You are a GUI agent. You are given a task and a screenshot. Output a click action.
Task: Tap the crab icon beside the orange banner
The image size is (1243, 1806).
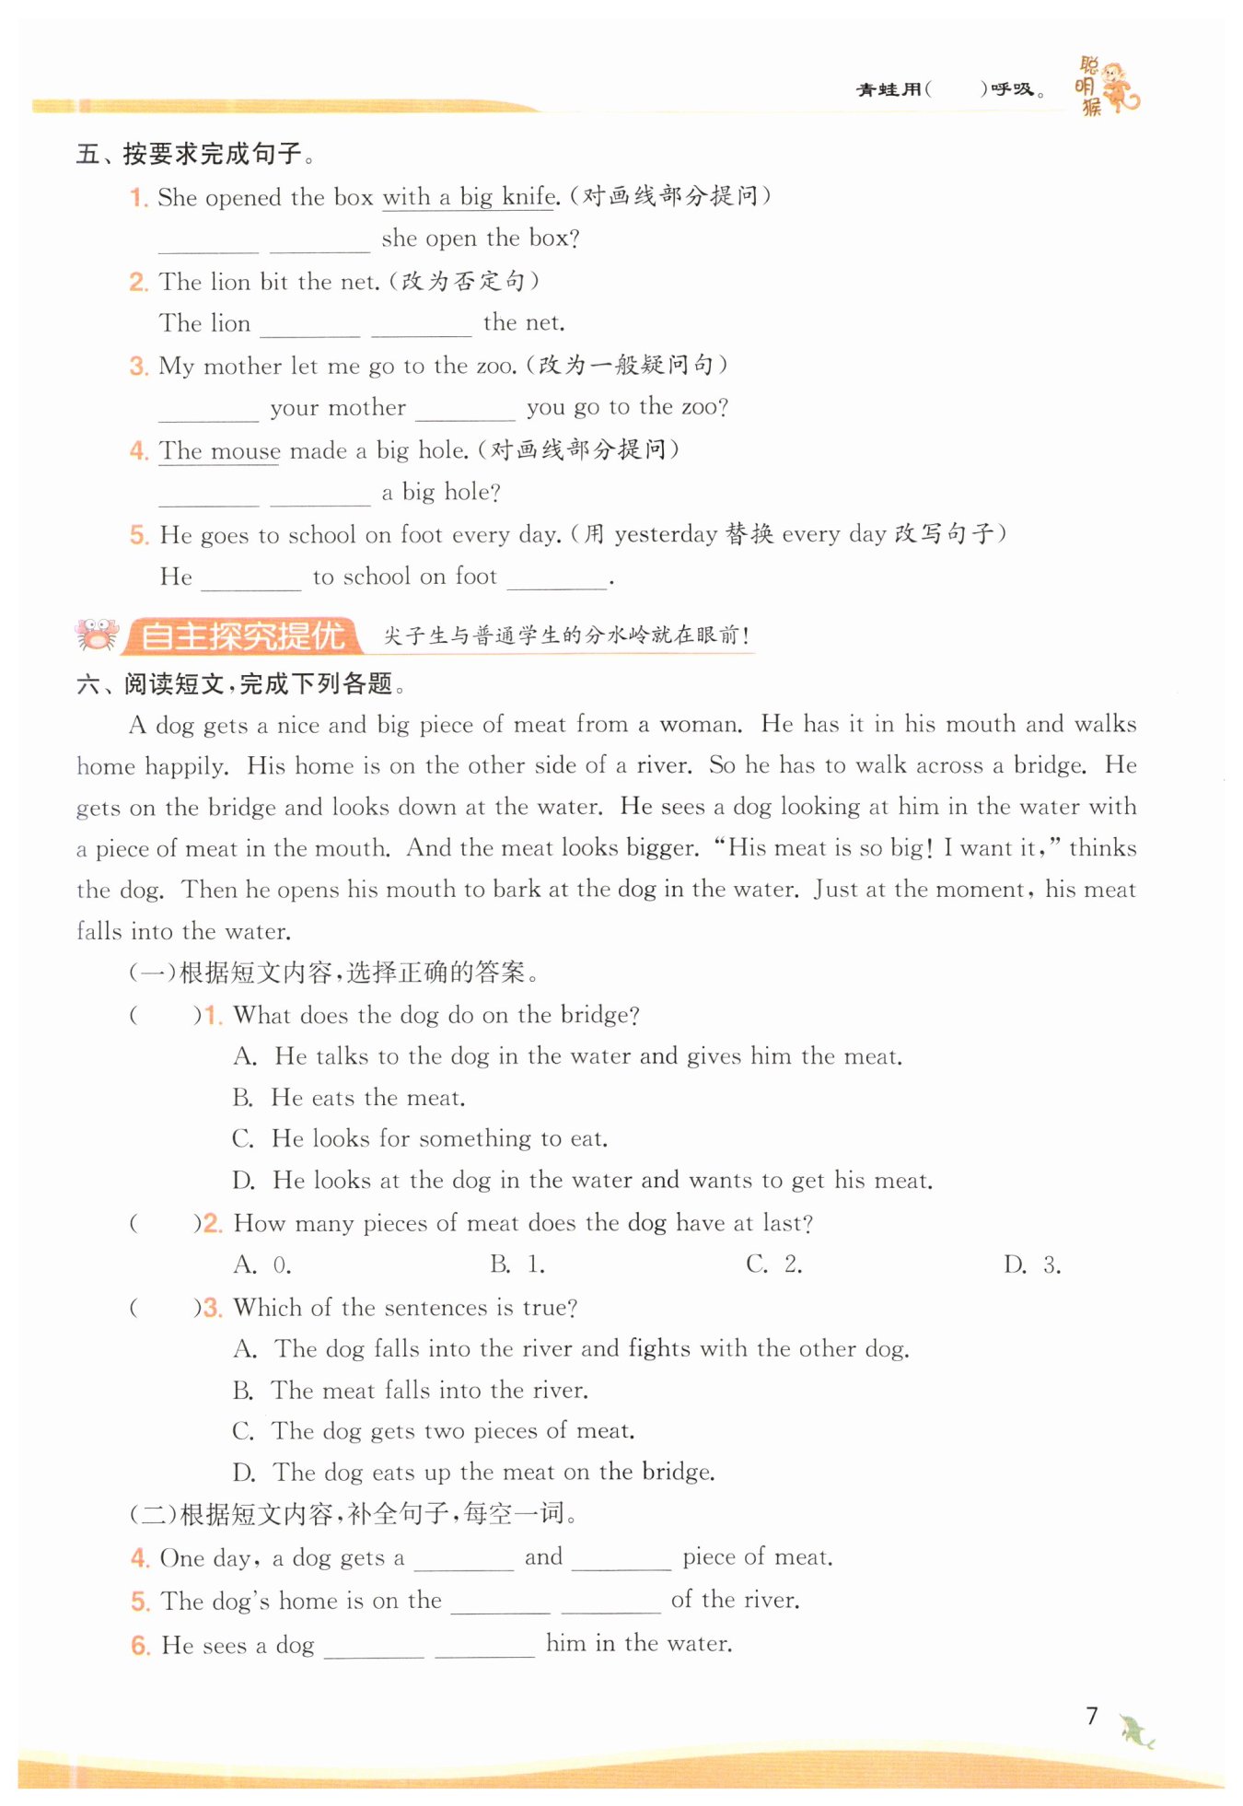(97, 635)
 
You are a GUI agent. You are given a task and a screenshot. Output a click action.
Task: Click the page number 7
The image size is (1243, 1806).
(1092, 1716)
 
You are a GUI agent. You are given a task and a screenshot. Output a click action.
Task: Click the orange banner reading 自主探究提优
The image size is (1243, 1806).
(242, 636)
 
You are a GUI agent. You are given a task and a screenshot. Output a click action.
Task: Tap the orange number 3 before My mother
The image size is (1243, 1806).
(138, 367)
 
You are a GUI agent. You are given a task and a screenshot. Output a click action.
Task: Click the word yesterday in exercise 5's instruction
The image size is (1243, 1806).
(666, 534)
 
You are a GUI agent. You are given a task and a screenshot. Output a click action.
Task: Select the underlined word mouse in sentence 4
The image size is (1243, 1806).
(246, 451)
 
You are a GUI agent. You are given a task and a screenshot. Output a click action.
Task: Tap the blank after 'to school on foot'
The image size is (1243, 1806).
(556, 578)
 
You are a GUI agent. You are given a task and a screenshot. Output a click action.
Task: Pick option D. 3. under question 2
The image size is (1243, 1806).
(1032, 1265)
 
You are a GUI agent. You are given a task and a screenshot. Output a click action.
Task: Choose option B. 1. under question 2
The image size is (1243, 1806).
(517, 1264)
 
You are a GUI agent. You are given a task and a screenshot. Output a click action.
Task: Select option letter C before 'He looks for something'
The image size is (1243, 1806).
(243, 1139)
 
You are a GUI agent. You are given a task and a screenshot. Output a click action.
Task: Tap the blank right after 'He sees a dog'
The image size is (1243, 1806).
(374, 1647)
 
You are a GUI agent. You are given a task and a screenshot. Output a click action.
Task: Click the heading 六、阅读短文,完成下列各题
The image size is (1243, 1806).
(241, 683)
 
